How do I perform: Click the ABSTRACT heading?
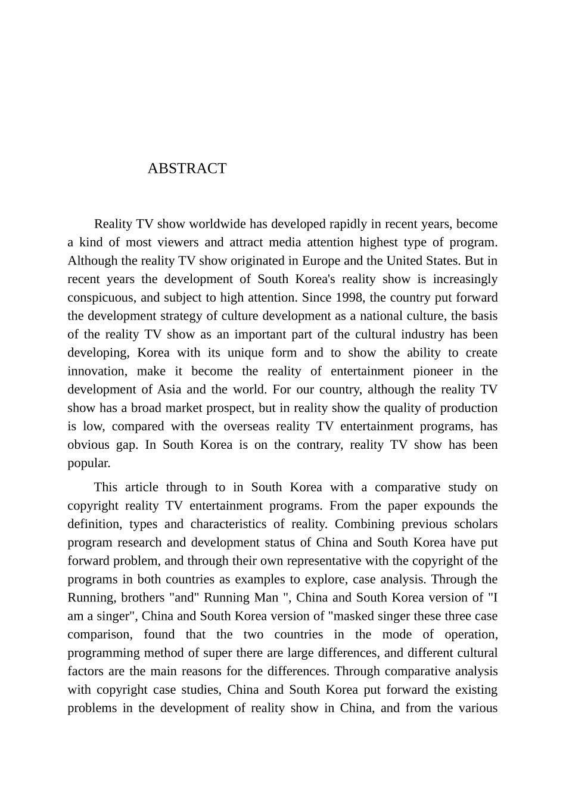pyautogui.click(x=186, y=169)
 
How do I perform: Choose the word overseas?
pyautogui.click(x=245, y=427)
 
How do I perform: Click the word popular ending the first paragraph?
pyautogui.click(x=88, y=464)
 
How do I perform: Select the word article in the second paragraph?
pyautogui.click(x=141, y=488)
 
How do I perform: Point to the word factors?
pyautogui.click(x=86, y=671)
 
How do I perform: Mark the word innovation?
pyautogui.click(x=97, y=371)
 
